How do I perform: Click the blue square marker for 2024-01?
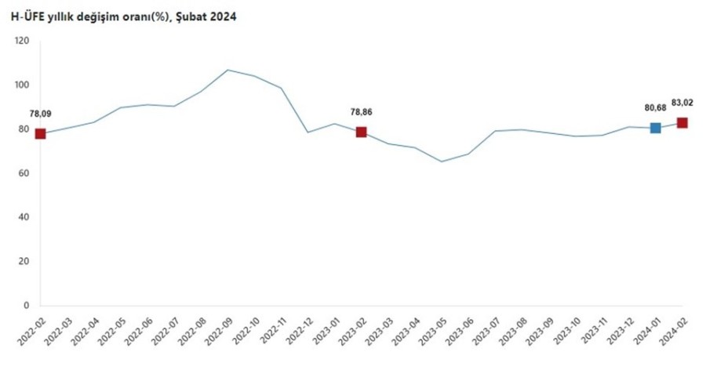click(656, 128)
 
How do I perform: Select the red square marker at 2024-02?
click(682, 123)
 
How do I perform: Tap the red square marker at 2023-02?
click(361, 132)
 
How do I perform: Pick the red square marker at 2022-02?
click(40, 133)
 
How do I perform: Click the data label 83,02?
click(682, 101)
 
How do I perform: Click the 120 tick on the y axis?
click(21, 41)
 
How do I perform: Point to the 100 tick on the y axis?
click(21, 85)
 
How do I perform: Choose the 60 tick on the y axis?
click(24, 173)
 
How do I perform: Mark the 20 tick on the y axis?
click(24, 261)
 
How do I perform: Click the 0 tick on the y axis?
click(26, 306)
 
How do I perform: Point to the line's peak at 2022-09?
click(227, 70)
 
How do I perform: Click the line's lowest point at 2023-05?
click(442, 161)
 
